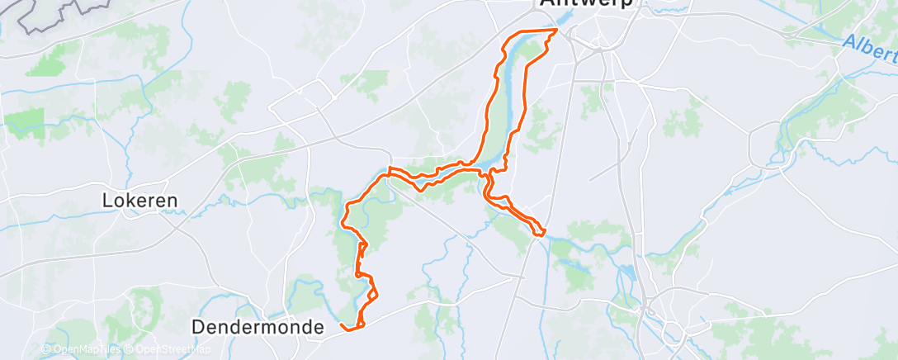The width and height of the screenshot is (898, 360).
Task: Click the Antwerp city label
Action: pos(586,3)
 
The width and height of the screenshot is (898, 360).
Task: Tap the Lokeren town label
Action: pos(140,200)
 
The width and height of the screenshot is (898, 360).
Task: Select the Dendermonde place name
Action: pos(258,327)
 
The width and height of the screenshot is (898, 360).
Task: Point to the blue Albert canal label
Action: pos(871,50)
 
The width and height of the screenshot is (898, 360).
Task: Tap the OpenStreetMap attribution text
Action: pos(169,350)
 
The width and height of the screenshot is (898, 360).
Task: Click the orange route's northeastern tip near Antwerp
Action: pos(557,31)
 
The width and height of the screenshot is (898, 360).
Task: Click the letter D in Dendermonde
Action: pos(198,327)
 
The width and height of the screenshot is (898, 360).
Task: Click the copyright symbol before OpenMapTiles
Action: pos(45,350)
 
